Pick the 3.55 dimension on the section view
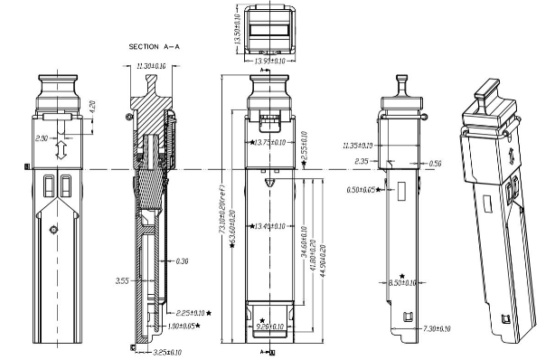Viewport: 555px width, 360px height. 123,281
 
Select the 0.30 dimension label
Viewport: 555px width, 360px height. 182,261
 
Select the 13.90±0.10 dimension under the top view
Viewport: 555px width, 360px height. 269,61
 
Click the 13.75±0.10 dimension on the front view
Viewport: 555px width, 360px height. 269,143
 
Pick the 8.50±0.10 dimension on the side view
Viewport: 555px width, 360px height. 401,282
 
